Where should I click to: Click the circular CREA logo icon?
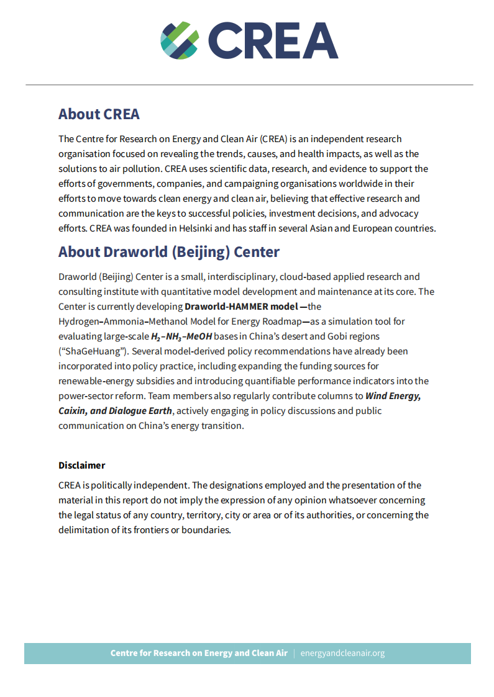coord(180,40)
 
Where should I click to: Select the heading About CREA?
coord(99,114)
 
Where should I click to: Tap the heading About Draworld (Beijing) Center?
coord(169,252)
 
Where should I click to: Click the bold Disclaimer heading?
coord(82,465)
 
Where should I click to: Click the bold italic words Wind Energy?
coord(393,396)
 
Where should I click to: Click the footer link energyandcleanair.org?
coord(342,654)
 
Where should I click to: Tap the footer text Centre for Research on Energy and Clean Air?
coord(199,654)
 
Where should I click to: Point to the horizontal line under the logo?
coord(249,84)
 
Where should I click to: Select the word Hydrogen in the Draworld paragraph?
coord(78,322)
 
